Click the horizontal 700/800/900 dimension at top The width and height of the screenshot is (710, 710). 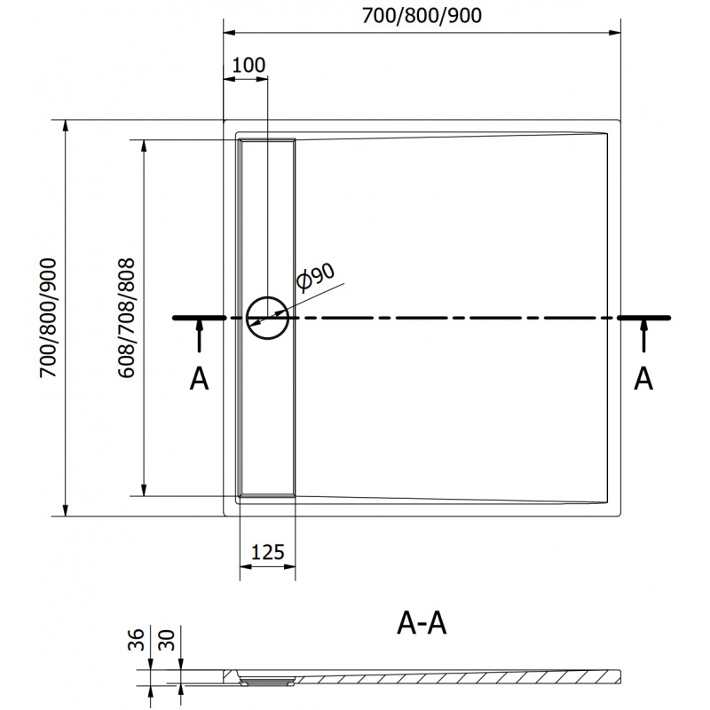422,16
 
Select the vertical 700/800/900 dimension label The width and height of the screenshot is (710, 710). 48,318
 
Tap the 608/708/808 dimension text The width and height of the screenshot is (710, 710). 126,318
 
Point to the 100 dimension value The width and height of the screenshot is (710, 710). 248,65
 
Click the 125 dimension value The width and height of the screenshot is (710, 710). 268,552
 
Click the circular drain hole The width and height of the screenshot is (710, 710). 268,318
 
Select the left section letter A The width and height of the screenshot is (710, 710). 199,379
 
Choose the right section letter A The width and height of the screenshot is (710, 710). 643,379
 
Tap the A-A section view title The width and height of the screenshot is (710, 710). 422,623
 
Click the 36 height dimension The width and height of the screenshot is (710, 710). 136,640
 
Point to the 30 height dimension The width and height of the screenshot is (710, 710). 167,640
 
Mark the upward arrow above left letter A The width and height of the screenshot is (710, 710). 199,335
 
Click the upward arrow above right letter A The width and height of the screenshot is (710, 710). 643,335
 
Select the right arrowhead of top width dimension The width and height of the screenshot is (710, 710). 614,33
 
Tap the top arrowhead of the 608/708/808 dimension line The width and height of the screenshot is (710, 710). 144,146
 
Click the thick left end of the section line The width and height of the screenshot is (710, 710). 199,318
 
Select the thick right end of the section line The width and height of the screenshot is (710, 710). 644,318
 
